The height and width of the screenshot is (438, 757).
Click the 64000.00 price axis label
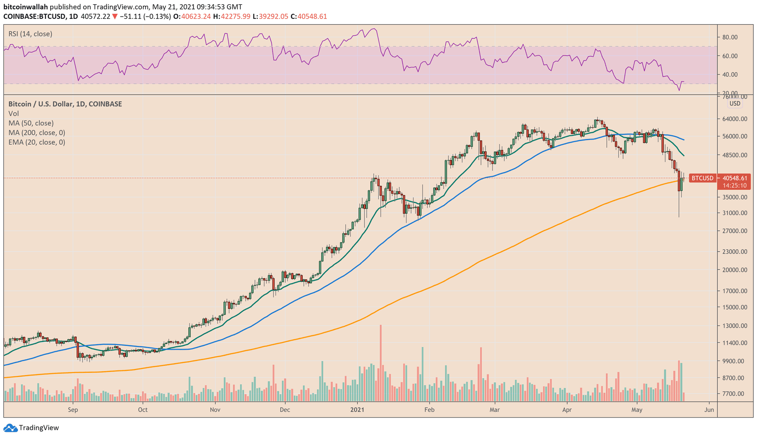point(734,119)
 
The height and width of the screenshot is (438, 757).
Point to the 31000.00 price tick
point(734,213)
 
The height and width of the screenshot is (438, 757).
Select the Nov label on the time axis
point(215,410)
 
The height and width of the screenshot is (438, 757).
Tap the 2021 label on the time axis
point(357,410)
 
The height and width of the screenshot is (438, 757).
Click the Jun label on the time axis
point(709,410)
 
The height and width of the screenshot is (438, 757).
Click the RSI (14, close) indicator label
point(30,34)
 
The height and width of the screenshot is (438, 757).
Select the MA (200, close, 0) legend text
point(37,133)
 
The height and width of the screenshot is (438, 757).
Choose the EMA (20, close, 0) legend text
point(37,142)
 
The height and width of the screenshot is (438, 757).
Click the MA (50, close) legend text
point(31,123)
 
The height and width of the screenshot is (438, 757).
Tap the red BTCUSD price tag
point(702,178)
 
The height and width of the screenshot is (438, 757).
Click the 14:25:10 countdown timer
point(734,185)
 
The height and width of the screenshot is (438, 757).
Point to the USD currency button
point(734,104)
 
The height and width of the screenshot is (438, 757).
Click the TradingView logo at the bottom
point(32,428)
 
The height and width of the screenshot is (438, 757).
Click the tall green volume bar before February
point(423,374)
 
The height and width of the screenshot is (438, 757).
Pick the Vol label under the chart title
point(14,114)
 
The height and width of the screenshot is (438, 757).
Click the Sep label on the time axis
point(73,410)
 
